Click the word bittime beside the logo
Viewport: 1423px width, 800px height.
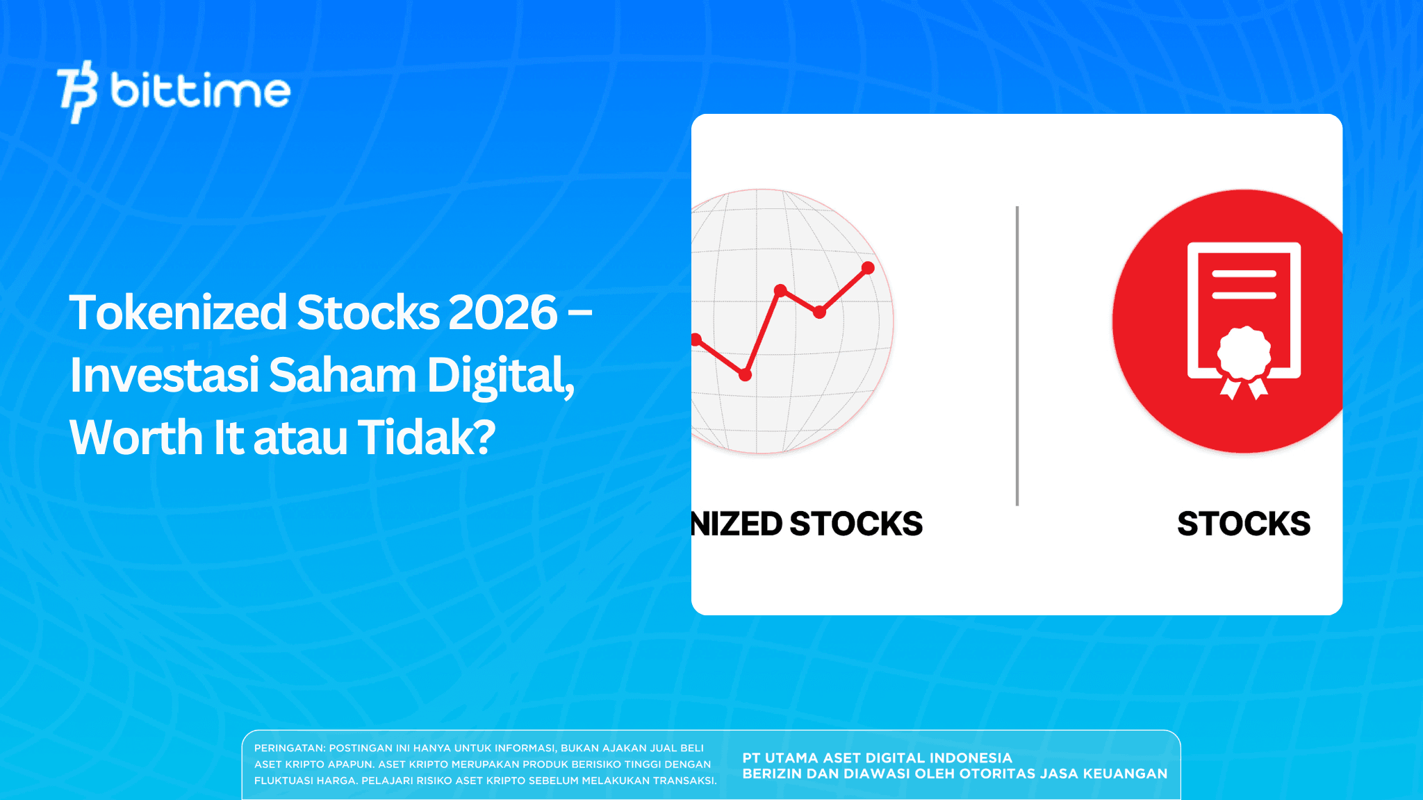(200, 91)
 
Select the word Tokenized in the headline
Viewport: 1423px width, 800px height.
(178, 312)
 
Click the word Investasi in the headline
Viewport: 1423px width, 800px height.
(165, 375)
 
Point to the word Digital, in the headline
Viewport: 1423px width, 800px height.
(500, 375)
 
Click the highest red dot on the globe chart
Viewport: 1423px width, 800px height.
(868, 267)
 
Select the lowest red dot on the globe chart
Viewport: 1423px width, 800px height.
(745, 375)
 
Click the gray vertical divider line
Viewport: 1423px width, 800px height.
(1017, 356)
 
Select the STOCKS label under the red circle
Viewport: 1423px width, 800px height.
(1244, 524)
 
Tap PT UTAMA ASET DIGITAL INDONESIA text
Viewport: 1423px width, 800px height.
(877, 758)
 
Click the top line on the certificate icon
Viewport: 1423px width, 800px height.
(1244, 274)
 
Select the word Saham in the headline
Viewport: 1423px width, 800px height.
(342, 375)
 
